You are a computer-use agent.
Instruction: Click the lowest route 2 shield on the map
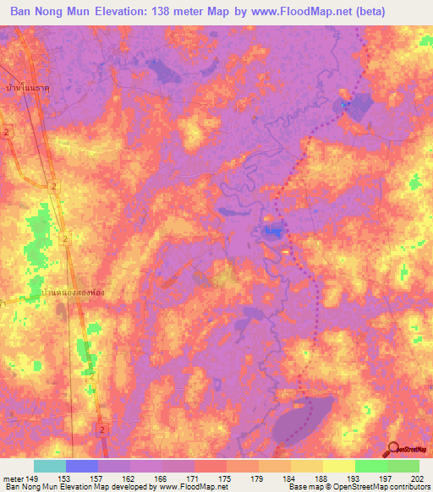pyautogui.click(x=102, y=430)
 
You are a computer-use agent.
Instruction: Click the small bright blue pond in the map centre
pyautogui.click(x=272, y=230)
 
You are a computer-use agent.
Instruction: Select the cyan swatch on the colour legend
pyautogui.click(x=50, y=465)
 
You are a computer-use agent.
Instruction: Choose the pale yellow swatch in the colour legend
pyautogui.click(x=338, y=465)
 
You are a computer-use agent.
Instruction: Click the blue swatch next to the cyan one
pyautogui.click(x=82, y=465)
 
